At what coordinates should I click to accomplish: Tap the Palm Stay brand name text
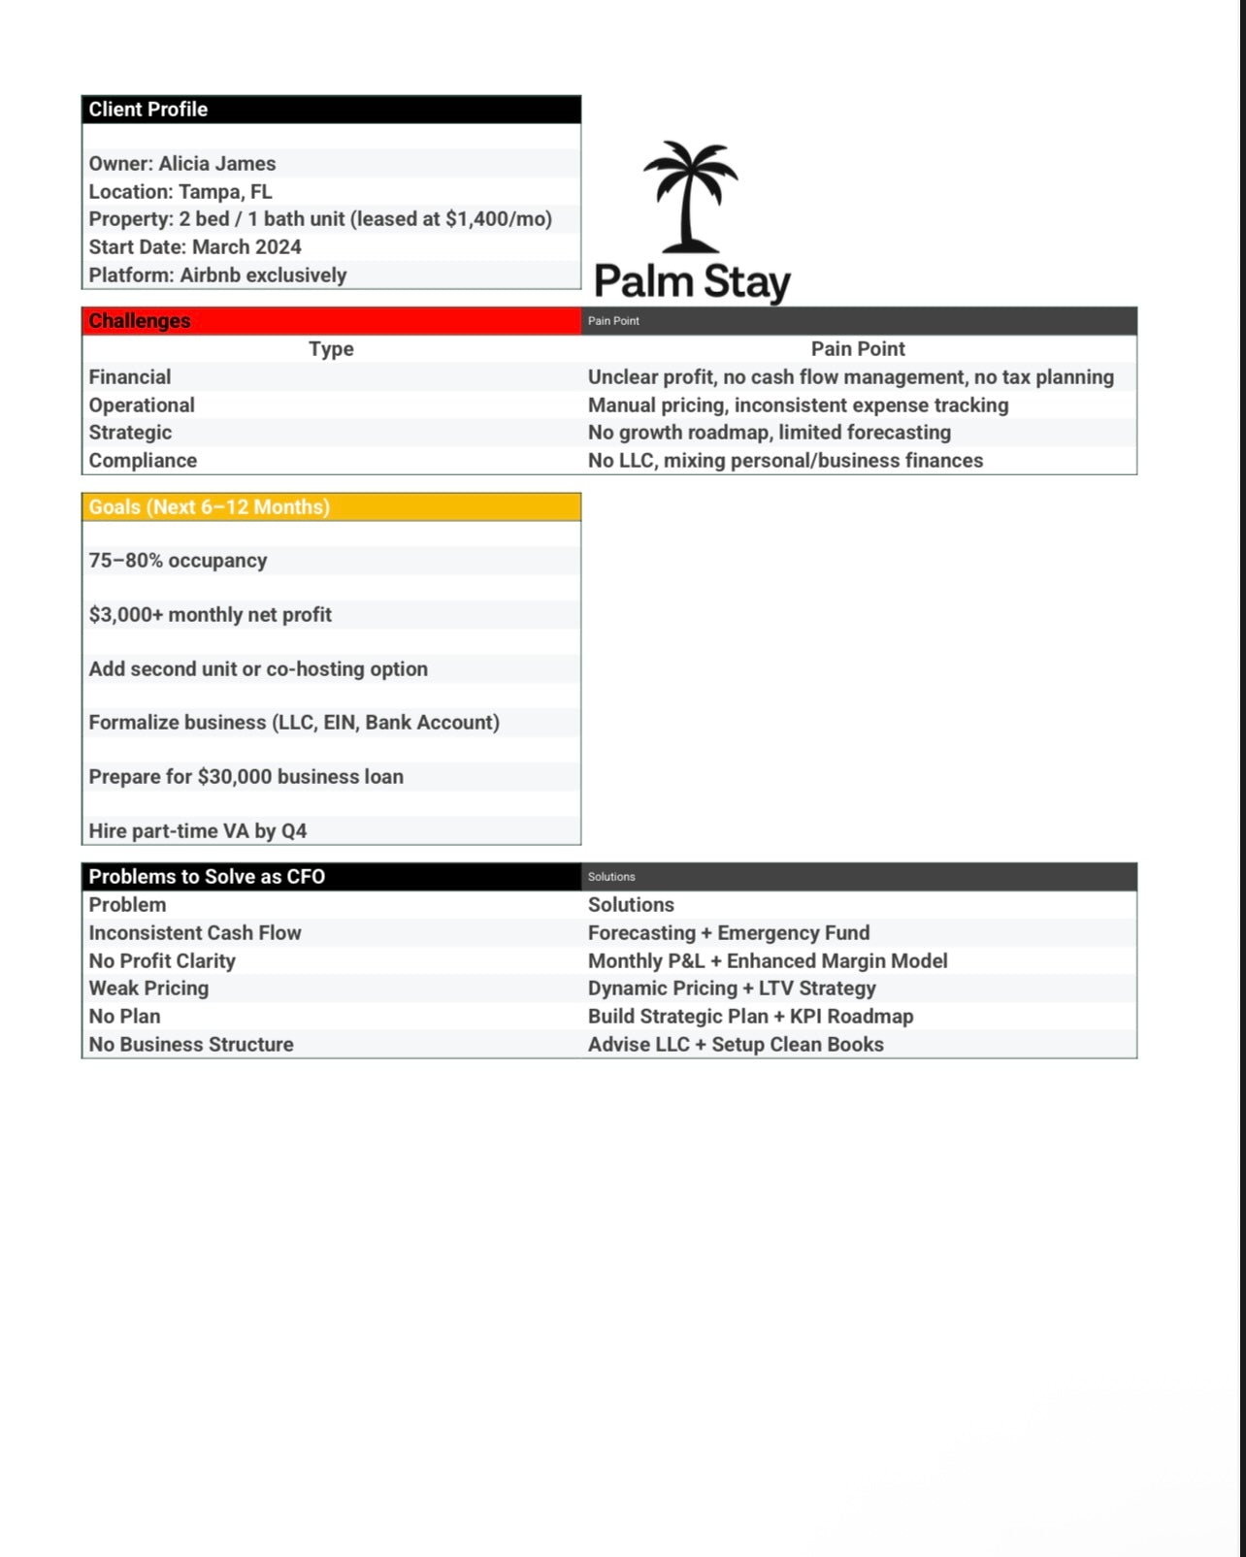692,282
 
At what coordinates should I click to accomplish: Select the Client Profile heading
148,110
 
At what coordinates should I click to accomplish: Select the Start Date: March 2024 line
195,247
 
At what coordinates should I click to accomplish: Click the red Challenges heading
140,321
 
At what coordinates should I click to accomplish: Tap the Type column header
331,349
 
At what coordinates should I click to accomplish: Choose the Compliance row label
143,461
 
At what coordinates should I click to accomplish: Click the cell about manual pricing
798,405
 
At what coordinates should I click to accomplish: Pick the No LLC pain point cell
785,461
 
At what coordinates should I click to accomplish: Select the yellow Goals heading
210,507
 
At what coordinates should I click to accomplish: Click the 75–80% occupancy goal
178,561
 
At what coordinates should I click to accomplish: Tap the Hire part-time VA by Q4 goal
198,831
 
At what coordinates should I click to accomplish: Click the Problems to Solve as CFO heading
207,877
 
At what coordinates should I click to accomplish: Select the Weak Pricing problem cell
148,989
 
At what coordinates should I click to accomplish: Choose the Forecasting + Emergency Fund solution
729,933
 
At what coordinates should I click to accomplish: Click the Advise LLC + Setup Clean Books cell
736,1045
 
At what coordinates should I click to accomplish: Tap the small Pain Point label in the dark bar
613,321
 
